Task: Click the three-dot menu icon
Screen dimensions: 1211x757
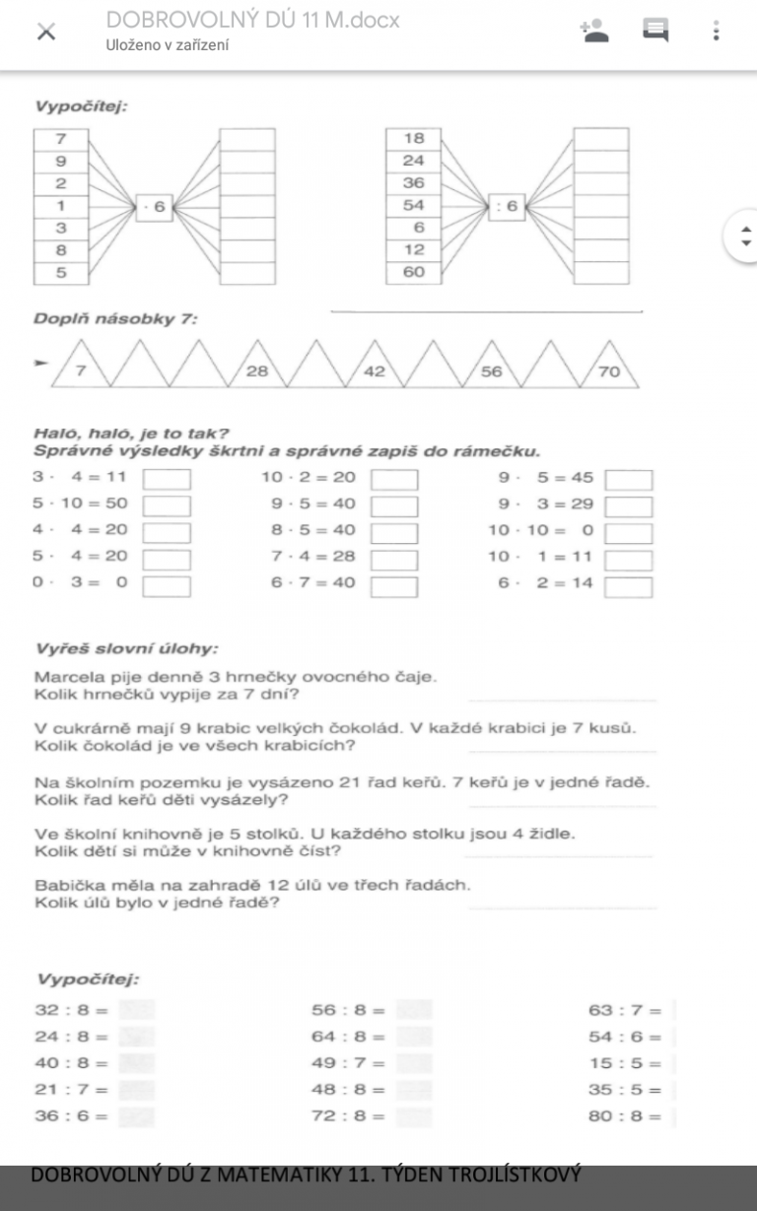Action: click(716, 31)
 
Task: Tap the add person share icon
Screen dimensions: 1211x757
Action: click(595, 31)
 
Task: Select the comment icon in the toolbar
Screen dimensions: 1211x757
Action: click(655, 31)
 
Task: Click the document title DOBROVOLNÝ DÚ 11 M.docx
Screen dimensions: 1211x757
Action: click(252, 20)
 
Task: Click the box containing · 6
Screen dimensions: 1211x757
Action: click(155, 206)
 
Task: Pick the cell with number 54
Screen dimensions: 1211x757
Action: click(413, 205)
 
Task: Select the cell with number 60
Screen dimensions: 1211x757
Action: click(413, 272)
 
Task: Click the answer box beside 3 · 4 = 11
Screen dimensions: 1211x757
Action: click(168, 481)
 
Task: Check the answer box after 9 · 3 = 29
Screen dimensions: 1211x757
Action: click(629, 507)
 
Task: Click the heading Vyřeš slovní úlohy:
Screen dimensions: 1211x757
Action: click(126, 648)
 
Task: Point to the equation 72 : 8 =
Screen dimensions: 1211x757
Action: click(348, 1116)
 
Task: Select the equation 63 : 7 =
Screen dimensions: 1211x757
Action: click(625, 1010)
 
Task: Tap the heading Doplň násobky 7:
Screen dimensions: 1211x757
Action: click(116, 319)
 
